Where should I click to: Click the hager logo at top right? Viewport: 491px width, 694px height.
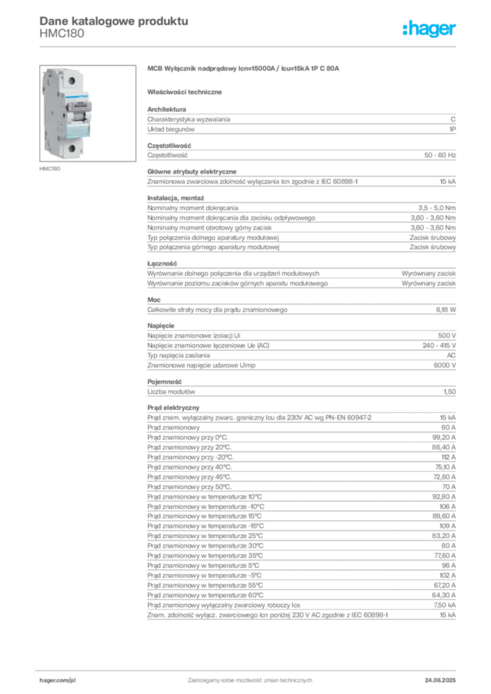429,28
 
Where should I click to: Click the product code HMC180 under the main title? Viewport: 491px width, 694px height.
62,34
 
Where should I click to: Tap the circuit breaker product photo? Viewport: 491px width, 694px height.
87,113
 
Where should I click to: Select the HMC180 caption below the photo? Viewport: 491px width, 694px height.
50,169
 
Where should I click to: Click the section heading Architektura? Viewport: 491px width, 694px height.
166,109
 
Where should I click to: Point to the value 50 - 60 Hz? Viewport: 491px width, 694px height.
439,155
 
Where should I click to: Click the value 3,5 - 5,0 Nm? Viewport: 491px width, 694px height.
437,207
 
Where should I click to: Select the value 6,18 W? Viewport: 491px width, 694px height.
446,310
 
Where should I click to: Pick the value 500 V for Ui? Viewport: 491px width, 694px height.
447,335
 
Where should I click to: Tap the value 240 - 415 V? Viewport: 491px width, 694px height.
439,345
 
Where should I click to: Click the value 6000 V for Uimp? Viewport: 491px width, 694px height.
444,365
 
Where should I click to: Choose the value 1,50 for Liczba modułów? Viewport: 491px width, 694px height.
450,392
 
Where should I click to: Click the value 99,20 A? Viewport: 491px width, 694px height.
444,437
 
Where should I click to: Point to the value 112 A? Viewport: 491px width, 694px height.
448,457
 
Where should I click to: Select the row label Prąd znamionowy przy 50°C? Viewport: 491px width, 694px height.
189,487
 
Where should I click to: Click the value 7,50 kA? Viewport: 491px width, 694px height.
444,605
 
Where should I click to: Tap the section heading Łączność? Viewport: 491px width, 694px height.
162,264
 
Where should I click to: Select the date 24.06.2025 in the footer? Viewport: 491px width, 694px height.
440,680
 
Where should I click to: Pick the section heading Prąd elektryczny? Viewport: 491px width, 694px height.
173,407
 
